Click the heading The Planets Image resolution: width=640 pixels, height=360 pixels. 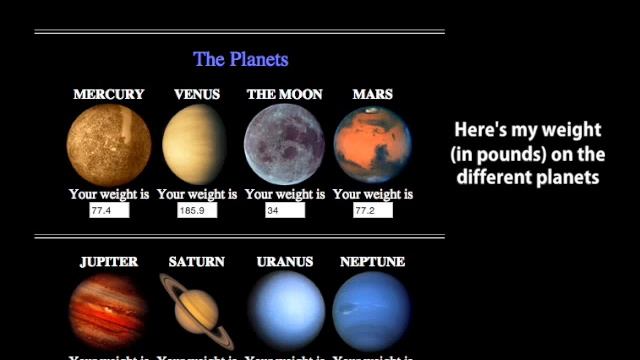(x=240, y=59)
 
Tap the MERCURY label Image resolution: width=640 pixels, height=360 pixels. (x=109, y=94)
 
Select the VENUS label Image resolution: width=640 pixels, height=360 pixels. (x=197, y=94)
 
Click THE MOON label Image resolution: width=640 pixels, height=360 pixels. (x=285, y=94)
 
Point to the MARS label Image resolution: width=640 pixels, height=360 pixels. (x=372, y=94)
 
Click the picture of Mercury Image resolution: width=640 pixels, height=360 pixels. (x=109, y=145)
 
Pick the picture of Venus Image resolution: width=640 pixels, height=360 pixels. (x=196, y=145)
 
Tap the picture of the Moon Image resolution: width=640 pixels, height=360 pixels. (x=285, y=145)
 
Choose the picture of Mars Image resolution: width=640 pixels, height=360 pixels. (x=372, y=145)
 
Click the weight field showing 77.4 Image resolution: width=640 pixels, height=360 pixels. (x=109, y=211)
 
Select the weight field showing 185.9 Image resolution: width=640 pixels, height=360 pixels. (x=197, y=211)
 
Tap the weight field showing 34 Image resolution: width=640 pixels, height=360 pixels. (x=285, y=211)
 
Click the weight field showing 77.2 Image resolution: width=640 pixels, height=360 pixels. (x=372, y=211)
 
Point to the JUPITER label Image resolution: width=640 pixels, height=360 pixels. (x=109, y=262)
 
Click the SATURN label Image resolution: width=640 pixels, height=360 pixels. (x=197, y=262)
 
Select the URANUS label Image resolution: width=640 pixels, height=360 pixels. (x=285, y=262)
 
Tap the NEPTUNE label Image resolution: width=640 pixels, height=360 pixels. (x=372, y=262)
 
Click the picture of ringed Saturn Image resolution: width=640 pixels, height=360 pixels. (x=197, y=310)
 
